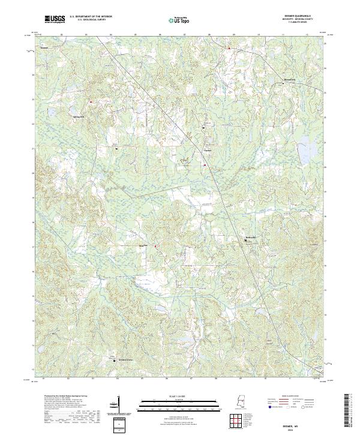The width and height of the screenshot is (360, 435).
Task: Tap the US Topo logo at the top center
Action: tap(180, 20)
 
